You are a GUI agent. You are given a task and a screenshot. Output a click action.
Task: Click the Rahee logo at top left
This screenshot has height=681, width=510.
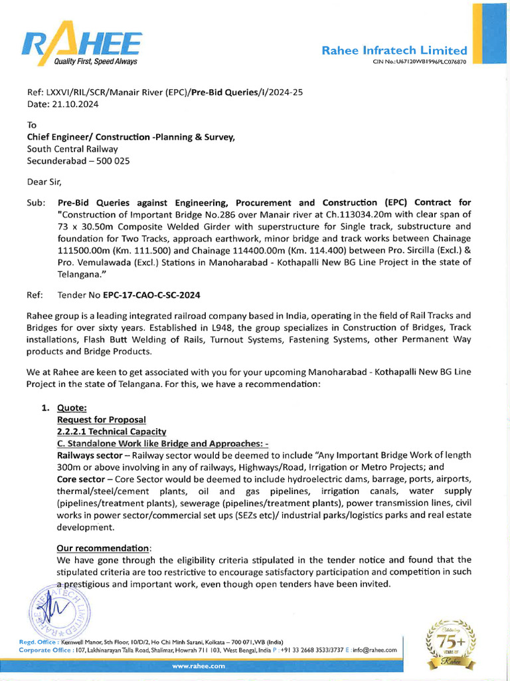[80, 47]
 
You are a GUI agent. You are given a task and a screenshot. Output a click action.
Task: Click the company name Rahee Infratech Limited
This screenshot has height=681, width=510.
[394, 51]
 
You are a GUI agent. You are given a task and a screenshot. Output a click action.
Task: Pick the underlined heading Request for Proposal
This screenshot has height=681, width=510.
[101, 420]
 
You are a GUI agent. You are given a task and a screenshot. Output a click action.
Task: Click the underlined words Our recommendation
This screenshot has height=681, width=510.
[104, 548]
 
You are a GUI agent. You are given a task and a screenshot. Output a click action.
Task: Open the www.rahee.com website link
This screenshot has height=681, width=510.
[199, 666]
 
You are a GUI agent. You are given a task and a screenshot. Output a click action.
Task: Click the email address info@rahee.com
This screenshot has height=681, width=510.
[375, 650]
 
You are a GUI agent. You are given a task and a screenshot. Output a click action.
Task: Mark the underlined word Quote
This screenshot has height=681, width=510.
[72, 408]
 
